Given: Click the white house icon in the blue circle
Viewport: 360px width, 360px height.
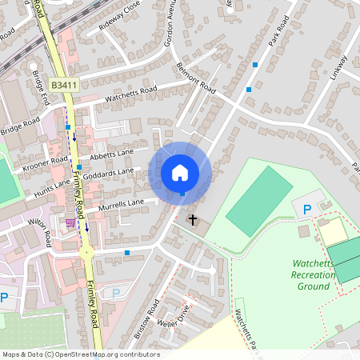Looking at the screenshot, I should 180,172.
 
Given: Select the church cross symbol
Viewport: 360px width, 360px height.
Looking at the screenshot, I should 193,218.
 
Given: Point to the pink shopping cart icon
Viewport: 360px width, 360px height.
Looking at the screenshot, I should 70,222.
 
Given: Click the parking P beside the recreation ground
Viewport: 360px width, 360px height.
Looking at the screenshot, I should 306,210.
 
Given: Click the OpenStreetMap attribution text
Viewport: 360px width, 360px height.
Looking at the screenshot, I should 80,354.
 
